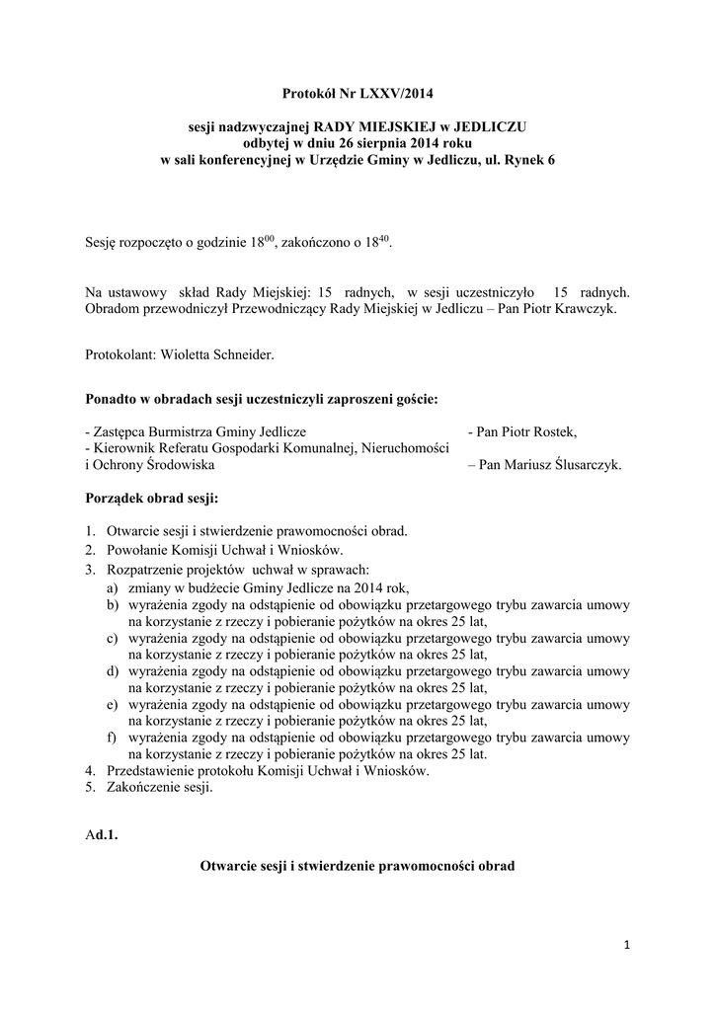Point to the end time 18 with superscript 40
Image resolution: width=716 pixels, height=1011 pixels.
380,242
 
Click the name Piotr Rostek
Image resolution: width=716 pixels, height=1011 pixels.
536,432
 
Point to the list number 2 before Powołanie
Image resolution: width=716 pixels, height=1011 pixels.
90,550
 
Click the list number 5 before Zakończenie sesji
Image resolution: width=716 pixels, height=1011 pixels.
90,788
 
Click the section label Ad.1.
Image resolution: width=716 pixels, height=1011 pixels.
102,835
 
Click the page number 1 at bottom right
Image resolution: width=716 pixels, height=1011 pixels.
625,945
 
